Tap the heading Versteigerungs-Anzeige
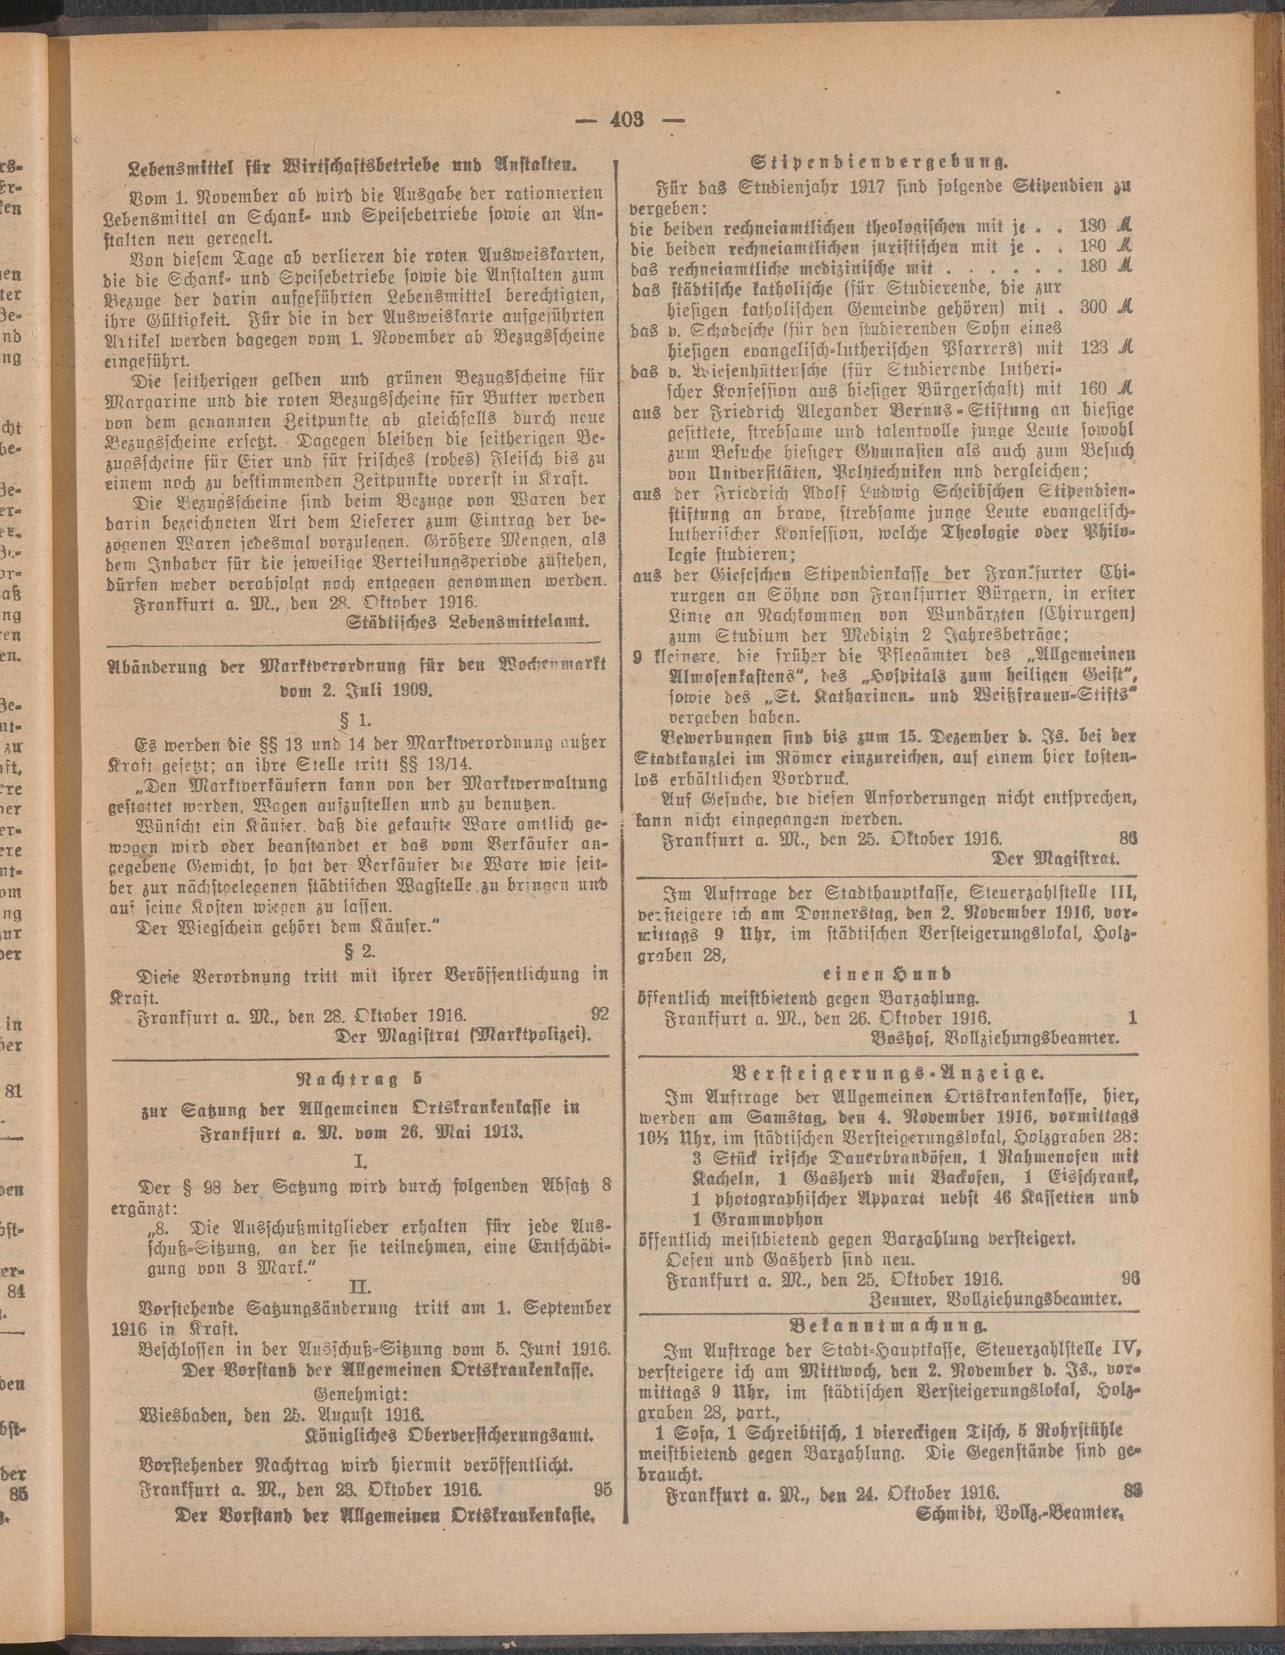(x=887, y=1073)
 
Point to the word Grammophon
(x=766, y=1219)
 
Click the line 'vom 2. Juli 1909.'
(x=359, y=689)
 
